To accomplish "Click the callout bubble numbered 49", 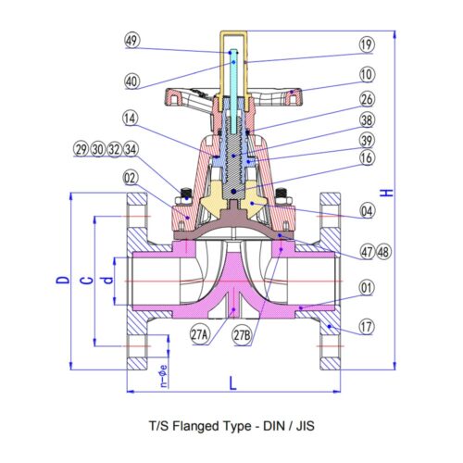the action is click(x=132, y=41).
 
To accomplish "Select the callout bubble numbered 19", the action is click(x=367, y=44).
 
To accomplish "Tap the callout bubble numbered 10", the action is click(x=367, y=75).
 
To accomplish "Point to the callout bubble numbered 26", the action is click(x=367, y=99).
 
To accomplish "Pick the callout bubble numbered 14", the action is click(x=131, y=119).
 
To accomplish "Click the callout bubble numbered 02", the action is click(x=131, y=179).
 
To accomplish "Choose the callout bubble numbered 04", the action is click(x=367, y=211).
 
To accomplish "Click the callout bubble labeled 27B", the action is click(x=243, y=335).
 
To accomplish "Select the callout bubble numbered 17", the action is click(x=367, y=327).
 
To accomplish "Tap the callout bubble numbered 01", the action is click(x=367, y=288).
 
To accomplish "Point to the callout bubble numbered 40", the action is click(x=132, y=81).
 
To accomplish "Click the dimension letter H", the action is click(x=387, y=193).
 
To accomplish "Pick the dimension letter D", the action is click(x=63, y=280).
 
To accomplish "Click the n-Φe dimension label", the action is click(x=164, y=376).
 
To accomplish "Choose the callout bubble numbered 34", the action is click(x=131, y=149).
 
